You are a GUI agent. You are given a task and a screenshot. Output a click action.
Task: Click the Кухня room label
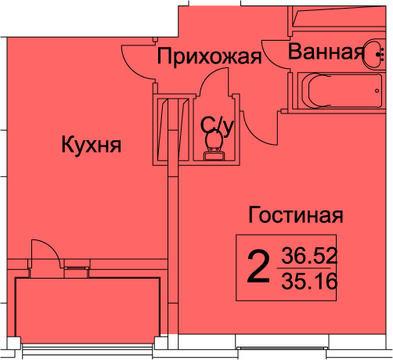point(91,145)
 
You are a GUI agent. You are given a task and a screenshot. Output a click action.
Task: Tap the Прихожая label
point(209,56)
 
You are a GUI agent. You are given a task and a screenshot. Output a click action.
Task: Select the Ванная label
point(326,52)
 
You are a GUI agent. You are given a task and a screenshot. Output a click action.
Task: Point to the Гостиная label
point(296,214)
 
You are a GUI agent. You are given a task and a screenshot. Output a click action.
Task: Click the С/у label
point(217,126)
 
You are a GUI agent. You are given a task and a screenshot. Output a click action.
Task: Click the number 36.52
point(309,256)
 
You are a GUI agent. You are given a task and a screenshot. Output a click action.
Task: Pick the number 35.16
point(309,281)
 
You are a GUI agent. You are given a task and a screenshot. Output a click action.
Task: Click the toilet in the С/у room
point(215,146)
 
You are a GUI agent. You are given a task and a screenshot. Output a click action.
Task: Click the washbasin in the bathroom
point(373,54)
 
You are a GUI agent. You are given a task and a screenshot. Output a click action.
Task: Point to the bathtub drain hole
point(377,91)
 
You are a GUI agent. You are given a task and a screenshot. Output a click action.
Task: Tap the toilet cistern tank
point(215,156)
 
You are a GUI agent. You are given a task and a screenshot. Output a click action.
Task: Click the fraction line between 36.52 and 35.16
point(304,268)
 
